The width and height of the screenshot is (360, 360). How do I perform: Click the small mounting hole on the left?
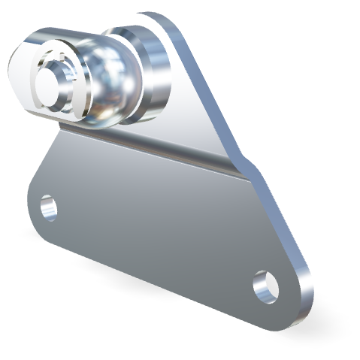click(x=48, y=206)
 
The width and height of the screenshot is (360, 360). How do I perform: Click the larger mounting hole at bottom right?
click(x=265, y=286)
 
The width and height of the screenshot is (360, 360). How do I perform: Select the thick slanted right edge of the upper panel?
click(x=218, y=90)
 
